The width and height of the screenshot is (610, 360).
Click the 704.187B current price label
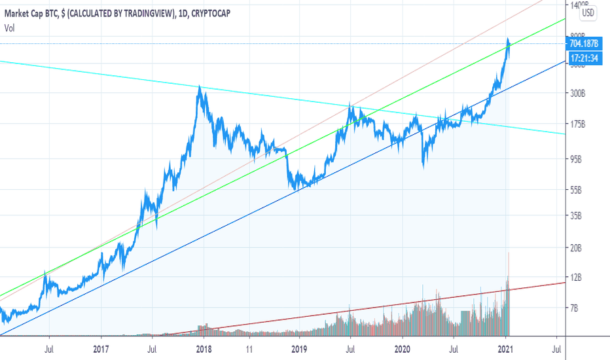[584, 45]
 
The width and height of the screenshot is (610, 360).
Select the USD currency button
[588, 12]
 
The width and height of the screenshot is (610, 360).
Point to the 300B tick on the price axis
[578, 94]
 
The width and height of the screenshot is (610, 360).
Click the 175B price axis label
[578, 124]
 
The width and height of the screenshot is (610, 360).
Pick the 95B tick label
[577, 159]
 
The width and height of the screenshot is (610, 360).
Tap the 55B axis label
[577, 190]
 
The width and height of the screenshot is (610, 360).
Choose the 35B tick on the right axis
[577, 215]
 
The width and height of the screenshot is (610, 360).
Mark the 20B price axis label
[577, 248]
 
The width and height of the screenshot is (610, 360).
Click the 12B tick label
[577, 278]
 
